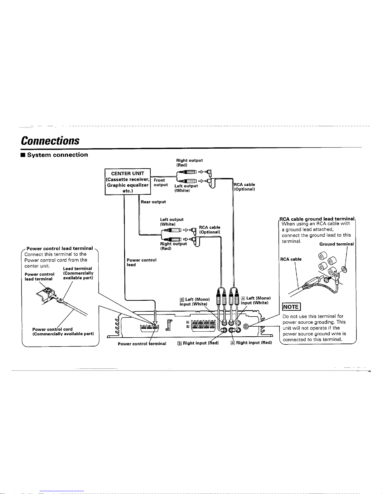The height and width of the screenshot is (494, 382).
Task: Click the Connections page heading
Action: [50, 141]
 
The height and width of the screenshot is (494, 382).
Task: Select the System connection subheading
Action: [54, 155]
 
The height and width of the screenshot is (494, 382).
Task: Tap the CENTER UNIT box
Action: [128, 182]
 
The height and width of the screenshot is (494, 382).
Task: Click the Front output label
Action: [161, 183]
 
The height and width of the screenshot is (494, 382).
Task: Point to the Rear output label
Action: [153, 202]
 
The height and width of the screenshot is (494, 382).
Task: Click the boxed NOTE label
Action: [291, 307]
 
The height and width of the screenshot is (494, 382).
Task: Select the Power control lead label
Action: [142, 262]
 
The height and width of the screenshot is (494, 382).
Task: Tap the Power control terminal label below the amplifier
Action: [142, 344]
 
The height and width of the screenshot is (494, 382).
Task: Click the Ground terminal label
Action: [336, 244]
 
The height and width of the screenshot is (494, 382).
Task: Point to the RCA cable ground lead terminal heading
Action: [317, 219]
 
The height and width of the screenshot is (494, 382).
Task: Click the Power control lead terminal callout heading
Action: [60, 248]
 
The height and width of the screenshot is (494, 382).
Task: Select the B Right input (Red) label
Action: [198, 343]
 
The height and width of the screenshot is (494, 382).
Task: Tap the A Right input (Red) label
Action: [251, 343]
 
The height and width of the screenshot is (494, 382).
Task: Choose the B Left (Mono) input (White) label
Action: [195, 302]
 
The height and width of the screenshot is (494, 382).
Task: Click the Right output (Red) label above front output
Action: [189, 163]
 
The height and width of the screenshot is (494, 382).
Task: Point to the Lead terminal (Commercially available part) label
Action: [78, 273]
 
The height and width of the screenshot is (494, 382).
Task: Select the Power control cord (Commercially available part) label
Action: [63, 331]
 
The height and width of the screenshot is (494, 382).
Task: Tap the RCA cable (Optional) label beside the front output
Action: [244, 187]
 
